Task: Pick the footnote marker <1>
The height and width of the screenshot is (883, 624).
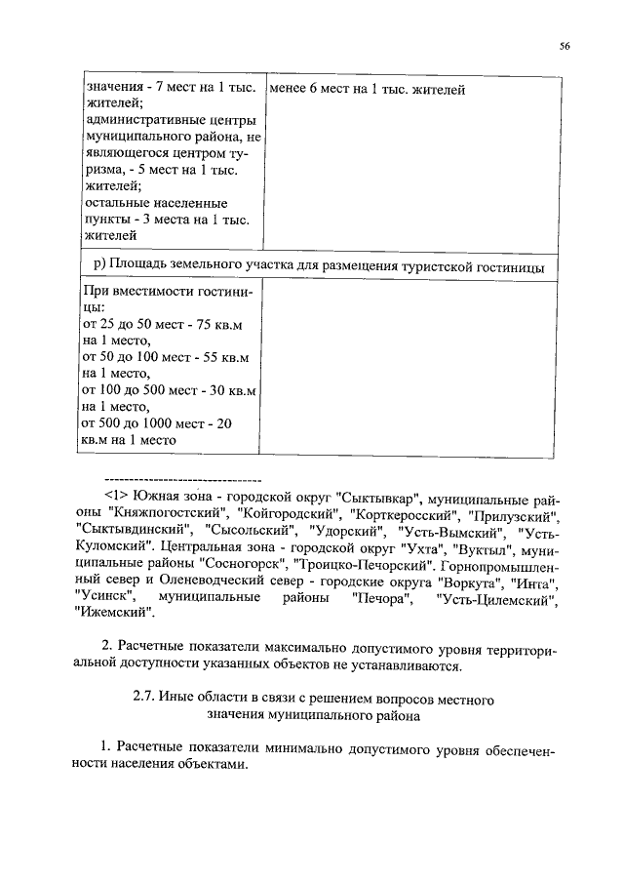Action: click(x=116, y=496)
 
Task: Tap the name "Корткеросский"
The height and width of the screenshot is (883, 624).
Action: click(x=409, y=513)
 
